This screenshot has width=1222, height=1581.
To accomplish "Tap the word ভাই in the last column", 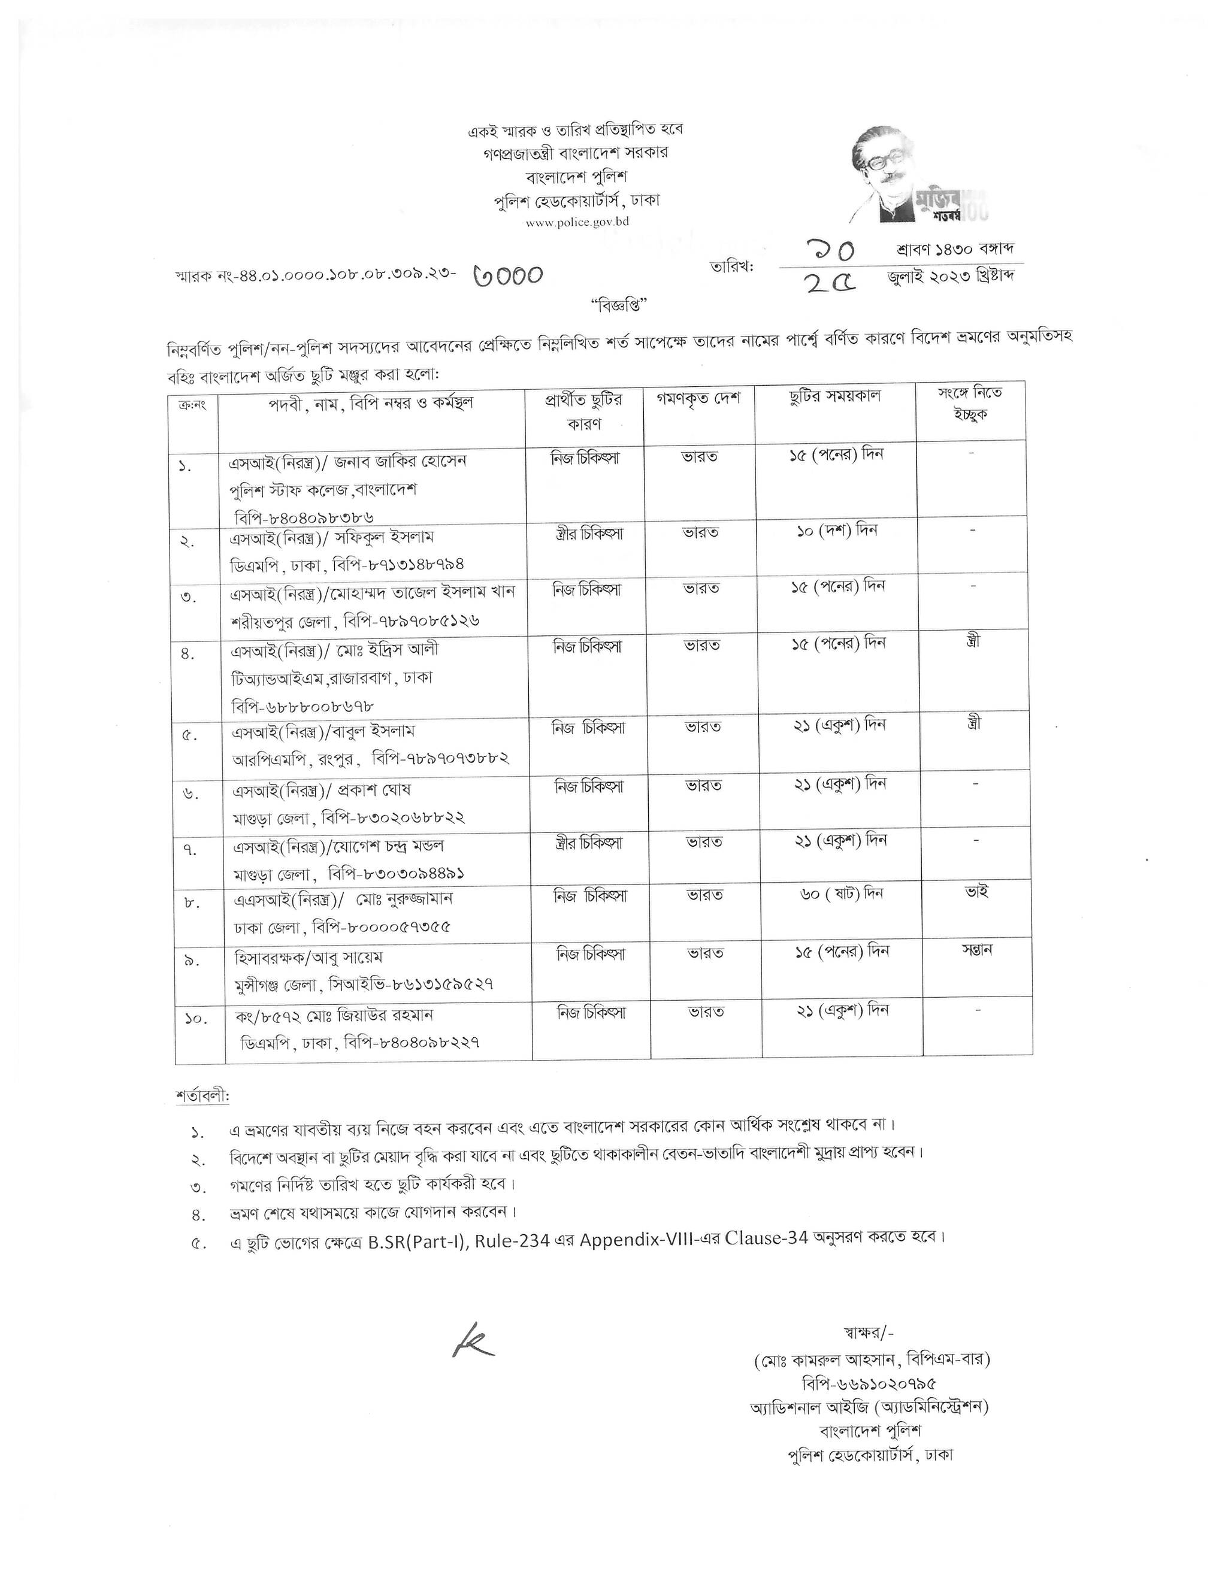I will [x=976, y=892].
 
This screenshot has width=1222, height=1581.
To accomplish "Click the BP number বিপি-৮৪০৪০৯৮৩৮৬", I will [x=304, y=517].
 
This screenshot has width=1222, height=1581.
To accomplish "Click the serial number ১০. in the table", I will [x=195, y=1019].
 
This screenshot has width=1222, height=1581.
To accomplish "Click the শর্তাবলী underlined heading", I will [x=202, y=1096].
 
